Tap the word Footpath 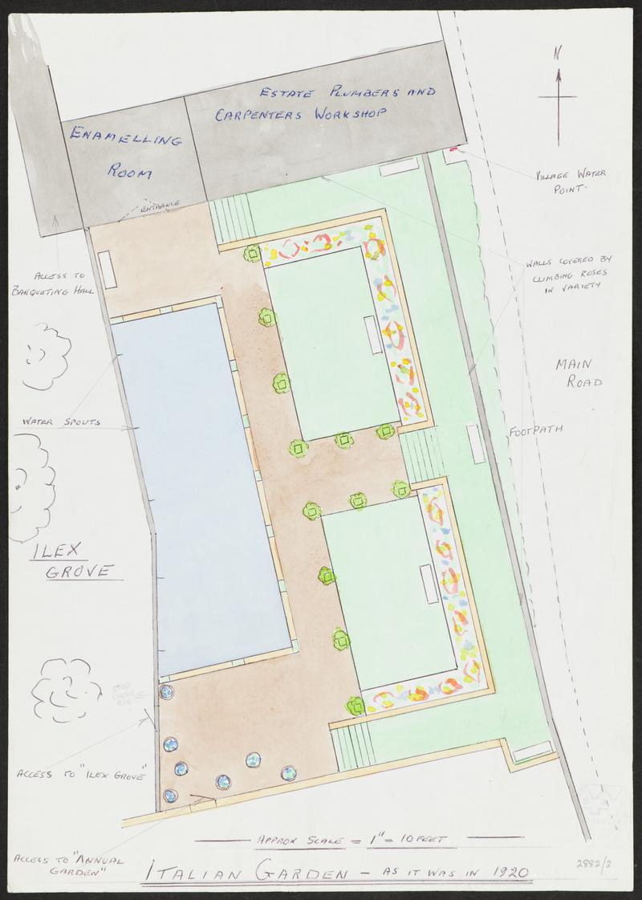pyautogui.click(x=535, y=430)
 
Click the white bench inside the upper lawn pyautogui.click(x=370, y=335)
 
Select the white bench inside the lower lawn pyautogui.click(x=427, y=584)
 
